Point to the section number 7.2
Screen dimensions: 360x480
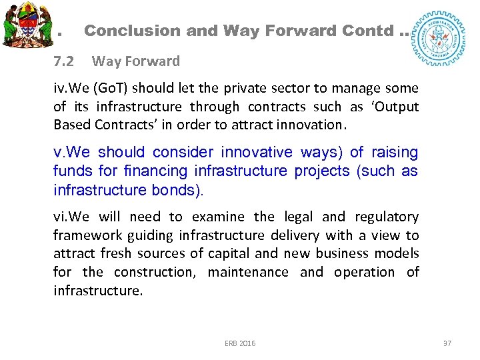click(x=64, y=61)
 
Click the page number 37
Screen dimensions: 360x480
click(x=447, y=343)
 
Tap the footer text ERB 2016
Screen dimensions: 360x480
click(x=240, y=343)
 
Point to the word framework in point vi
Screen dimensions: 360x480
click(x=83, y=235)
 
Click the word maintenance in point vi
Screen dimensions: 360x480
click(x=248, y=272)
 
